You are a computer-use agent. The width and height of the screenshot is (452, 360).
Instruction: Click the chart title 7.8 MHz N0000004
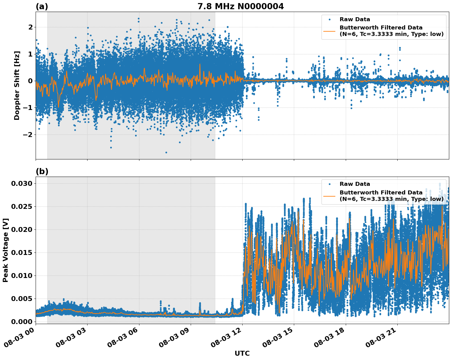(240, 6)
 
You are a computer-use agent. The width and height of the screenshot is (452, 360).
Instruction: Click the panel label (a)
(42, 6)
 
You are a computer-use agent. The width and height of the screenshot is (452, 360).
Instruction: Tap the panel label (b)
(42, 171)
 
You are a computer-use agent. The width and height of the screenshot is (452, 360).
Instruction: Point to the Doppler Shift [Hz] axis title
(17, 85)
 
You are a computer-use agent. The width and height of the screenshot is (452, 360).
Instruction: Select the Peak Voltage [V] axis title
(6, 250)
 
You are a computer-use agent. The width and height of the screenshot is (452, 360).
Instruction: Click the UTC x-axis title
(242, 353)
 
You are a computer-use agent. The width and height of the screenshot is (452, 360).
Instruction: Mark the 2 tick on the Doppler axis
(30, 27)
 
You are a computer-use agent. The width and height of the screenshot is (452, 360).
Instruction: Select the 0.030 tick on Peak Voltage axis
(21, 183)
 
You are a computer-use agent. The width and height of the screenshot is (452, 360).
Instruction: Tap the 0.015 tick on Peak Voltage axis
(21, 252)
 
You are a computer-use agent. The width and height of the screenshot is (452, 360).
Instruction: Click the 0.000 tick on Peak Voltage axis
(21, 322)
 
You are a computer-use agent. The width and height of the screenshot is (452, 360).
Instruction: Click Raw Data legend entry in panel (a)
(355, 19)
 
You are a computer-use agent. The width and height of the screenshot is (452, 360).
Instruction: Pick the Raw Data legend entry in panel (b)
(355, 184)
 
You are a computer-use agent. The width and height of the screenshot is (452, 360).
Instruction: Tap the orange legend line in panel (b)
(329, 196)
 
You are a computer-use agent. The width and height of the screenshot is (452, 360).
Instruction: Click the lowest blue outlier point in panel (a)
(166, 152)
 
